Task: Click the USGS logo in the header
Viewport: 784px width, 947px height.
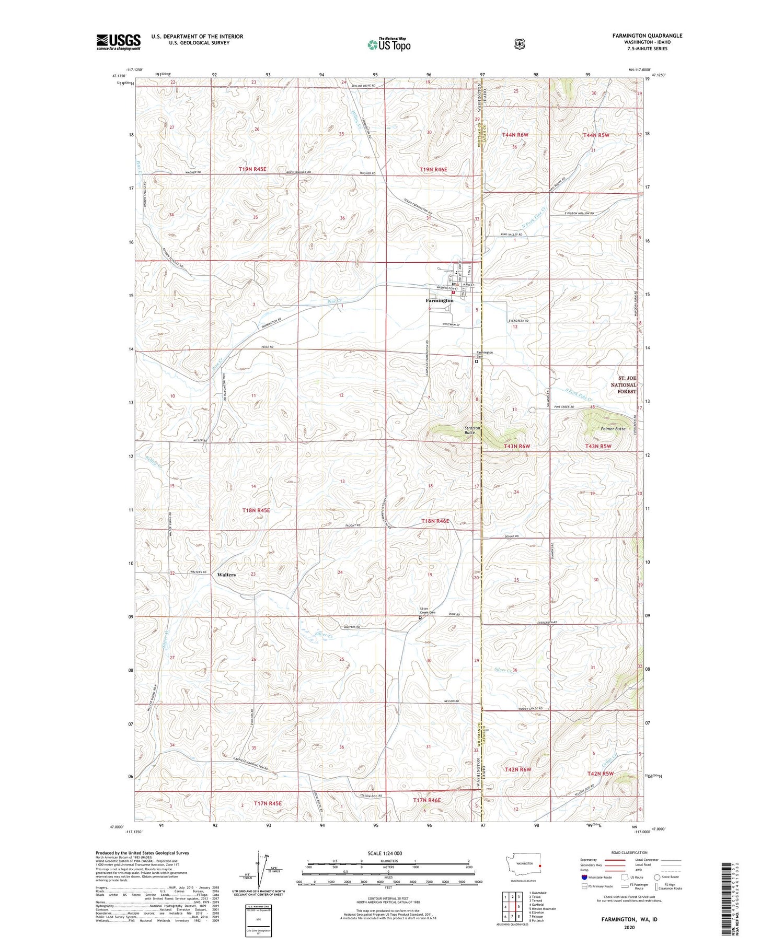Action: tap(118, 42)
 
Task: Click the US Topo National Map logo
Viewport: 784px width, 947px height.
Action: tap(389, 44)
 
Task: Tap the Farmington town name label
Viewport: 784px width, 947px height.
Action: tap(439, 300)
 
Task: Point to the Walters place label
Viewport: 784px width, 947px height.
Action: tap(226, 575)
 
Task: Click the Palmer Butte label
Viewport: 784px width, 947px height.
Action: tap(613, 429)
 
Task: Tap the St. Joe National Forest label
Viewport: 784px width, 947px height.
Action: tap(624, 384)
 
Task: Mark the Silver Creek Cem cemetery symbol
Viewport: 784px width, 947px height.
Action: tap(420, 618)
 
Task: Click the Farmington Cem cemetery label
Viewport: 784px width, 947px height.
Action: tap(484, 354)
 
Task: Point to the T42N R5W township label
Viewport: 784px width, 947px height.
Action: tap(600, 774)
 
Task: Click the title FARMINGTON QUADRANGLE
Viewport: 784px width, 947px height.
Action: tap(640, 36)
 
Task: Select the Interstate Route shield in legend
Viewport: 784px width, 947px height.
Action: tap(584, 877)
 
